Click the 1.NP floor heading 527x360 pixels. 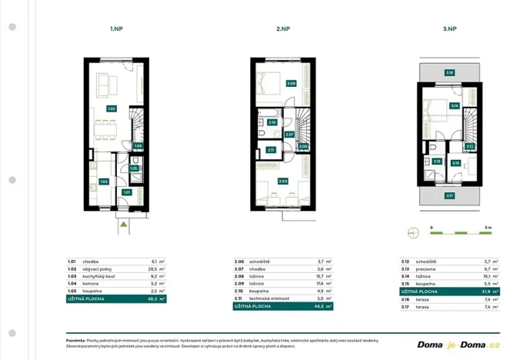point(115,29)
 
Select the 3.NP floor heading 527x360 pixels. point(449,29)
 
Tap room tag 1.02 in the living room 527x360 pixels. point(112,108)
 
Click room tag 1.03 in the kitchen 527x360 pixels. point(104,182)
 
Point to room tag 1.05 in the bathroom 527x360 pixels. point(133,168)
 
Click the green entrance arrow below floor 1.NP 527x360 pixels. point(123,225)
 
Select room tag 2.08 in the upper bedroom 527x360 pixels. point(291,83)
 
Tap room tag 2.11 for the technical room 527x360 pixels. point(271,150)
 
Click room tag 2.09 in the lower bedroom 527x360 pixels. point(283,182)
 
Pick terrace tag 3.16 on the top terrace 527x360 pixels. point(449,73)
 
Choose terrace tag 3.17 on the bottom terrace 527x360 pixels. point(449,195)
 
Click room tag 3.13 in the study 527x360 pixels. point(455,162)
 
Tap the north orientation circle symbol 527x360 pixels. point(412,230)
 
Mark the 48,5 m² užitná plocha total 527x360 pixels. point(325,306)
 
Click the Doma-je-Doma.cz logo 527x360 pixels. point(459,344)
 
